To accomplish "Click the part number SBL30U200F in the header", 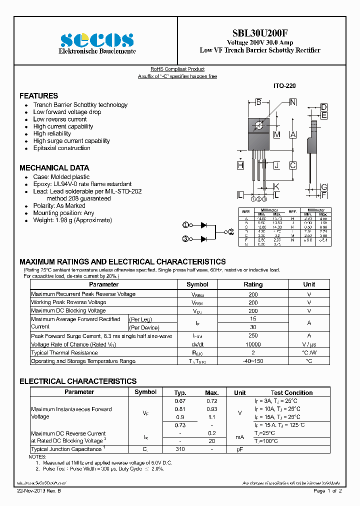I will pyautogui.click(x=260, y=32).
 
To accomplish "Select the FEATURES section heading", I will pyautogui.click(x=38, y=95).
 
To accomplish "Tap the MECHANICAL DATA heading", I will pyautogui.click(x=54, y=168).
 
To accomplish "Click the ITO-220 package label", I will pyautogui.click(x=284, y=86).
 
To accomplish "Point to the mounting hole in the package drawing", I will pyautogui.click(x=258, y=125).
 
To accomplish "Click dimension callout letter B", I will pyautogui.click(x=258, y=102).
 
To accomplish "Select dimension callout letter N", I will pyautogui.click(x=292, y=102).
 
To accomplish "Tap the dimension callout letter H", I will pyautogui.click(x=240, y=165).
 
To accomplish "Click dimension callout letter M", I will pyautogui.click(x=276, y=135).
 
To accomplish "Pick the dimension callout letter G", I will pyautogui.click(x=324, y=186).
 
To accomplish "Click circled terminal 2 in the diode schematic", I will pyautogui.click(x=231, y=232).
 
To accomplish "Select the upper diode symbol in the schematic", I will pyautogui.click(x=204, y=225).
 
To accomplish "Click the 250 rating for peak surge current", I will pyautogui.click(x=253, y=336).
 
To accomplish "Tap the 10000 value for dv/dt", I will pyautogui.click(x=253, y=344).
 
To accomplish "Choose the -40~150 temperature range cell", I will pyautogui.click(x=253, y=361).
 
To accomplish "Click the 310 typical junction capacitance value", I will pyautogui.click(x=180, y=449).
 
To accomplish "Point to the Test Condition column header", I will pyautogui.click(x=291, y=393).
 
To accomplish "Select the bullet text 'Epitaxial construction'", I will pyautogui.click(x=61, y=148).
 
